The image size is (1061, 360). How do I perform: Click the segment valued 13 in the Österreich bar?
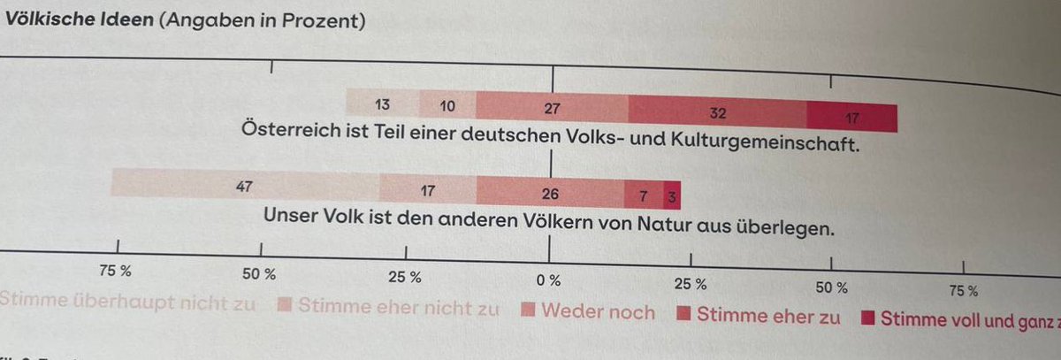382,104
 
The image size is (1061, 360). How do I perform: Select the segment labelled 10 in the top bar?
447,106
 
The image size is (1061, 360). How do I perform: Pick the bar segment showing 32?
717,113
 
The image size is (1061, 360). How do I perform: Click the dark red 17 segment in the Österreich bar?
851,117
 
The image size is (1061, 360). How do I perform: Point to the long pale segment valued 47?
245,185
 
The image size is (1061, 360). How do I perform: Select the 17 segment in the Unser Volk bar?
428,188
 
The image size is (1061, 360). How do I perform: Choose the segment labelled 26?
550,191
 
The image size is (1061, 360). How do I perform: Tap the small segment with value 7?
643,193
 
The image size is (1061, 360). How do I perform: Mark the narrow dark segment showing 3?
672,195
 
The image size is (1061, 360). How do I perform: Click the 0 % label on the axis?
548,280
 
